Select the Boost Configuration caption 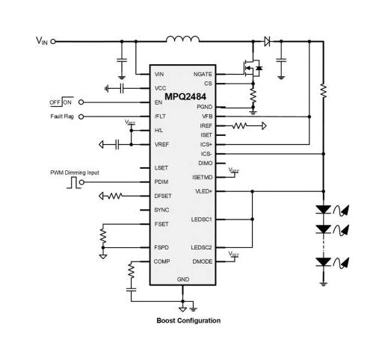[x=188, y=320]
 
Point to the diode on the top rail [x=266, y=42]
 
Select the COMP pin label [x=161, y=261]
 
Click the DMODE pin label [x=203, y=261]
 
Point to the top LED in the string [x=324, y=211]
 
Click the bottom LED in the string [x=324, y=262]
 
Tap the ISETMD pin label [x=203, y=177]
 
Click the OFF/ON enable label [x=61, y=102]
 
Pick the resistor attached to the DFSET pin [x=115, y=196]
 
